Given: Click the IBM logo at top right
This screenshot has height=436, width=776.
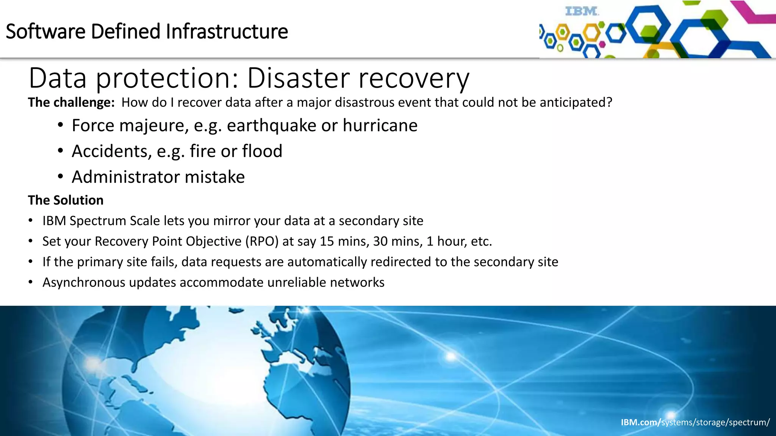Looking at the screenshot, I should click(582, 11).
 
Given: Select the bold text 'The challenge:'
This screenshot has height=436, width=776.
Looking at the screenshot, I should click(71, 103).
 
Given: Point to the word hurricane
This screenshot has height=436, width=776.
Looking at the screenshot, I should click(380, 126).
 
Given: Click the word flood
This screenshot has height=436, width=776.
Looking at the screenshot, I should click(262, 151).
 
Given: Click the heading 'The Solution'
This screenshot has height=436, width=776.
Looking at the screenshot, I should click(66, 200).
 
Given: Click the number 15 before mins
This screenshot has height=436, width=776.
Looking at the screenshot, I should click(327, 241).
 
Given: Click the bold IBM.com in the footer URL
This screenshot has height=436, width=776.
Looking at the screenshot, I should click(640, 422).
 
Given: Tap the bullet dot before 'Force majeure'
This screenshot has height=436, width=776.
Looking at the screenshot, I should click(61, 126).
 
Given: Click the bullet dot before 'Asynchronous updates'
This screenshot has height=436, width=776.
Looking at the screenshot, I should click(31, 282).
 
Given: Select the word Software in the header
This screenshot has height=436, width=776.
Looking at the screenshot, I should click(46, 31).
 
